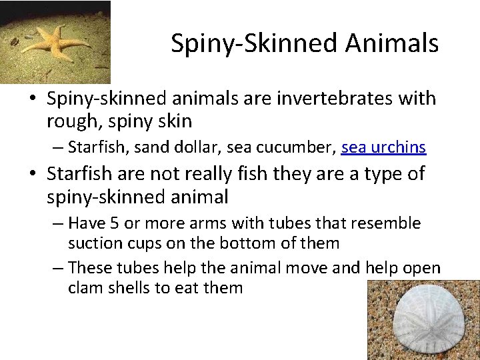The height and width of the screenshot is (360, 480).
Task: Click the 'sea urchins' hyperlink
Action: pos(383,147)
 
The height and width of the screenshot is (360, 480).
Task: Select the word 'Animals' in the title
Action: pos(392,43)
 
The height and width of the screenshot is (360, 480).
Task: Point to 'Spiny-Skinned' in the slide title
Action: pos(254,43)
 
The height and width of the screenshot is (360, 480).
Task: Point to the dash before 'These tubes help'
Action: pos(58,268)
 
